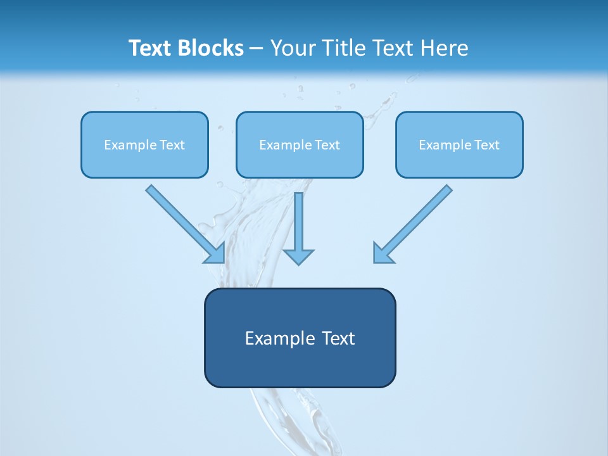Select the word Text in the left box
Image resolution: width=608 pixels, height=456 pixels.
[x=172, y=145]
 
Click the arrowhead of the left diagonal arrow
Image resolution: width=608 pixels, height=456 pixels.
[x=217, y=255]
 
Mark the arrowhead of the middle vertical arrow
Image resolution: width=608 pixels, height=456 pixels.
[x=298, y=256]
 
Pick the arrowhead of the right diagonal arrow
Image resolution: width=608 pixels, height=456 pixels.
[x=381, y=255]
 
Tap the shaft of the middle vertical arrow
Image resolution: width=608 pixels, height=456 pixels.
[x=298, y=218]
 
